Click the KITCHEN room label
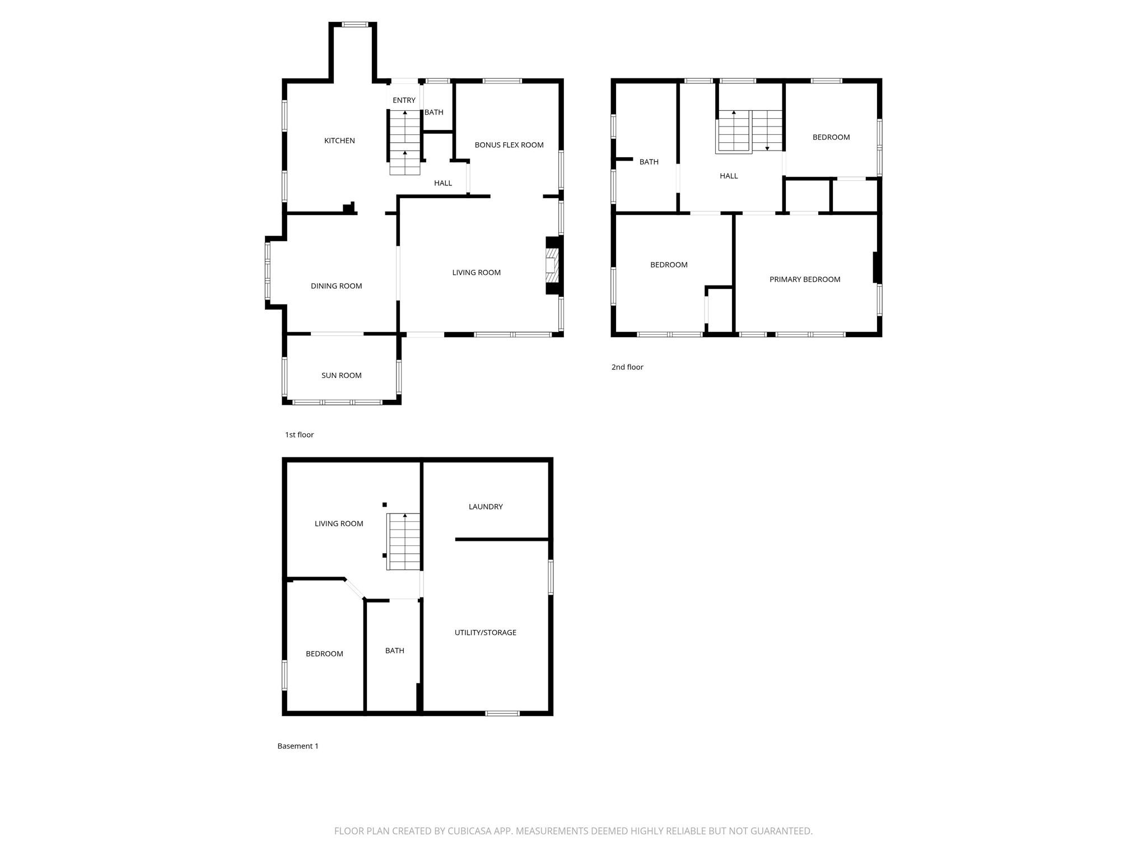(x=339, y=141)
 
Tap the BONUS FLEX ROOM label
(x=509, y=145)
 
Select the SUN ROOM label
(x=341, y=376)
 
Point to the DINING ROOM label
(x=336, y=286)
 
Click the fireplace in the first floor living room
(x=552, y=265)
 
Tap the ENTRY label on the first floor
(x=404, y=100)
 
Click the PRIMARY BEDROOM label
(x=804, y=279)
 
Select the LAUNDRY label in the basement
(x=486, y=507)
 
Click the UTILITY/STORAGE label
(x=485, y=633)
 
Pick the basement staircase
(x=404, y=541)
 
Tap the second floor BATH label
(x=649, y=162)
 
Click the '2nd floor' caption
(x=627, y=367)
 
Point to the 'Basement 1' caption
(x=298, y=746)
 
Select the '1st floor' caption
(x=299, y=435)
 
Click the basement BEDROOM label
(x=324, y=654)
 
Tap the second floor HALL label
(x=729, y=176)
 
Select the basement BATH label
(x=394, y=651)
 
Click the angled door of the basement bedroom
(x=355, y=589)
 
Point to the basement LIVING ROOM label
(x=339, y=524)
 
